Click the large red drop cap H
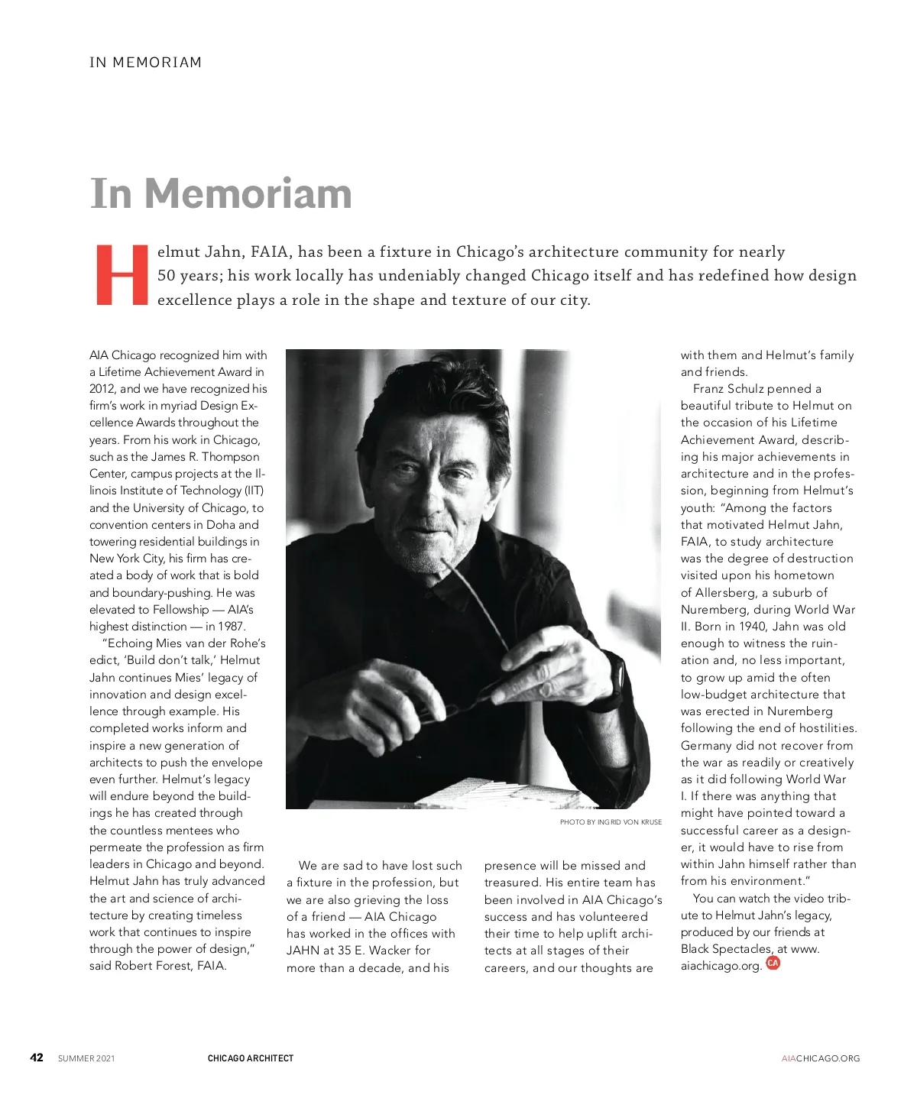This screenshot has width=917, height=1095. (121, 275)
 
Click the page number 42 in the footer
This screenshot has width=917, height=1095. (37, 1058)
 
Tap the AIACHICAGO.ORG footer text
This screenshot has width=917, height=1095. (820, 1058)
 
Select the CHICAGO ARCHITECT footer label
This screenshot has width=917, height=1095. (250, 1058)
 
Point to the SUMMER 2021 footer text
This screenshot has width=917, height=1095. (86, 1058)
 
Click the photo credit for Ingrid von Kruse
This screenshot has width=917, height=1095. (611, 822)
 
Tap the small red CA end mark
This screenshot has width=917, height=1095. (773, 963)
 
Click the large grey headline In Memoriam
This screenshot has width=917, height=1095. (221, 193)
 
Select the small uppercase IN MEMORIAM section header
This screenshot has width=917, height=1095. (145, 63)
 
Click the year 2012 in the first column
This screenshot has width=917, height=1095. (102, 389)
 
